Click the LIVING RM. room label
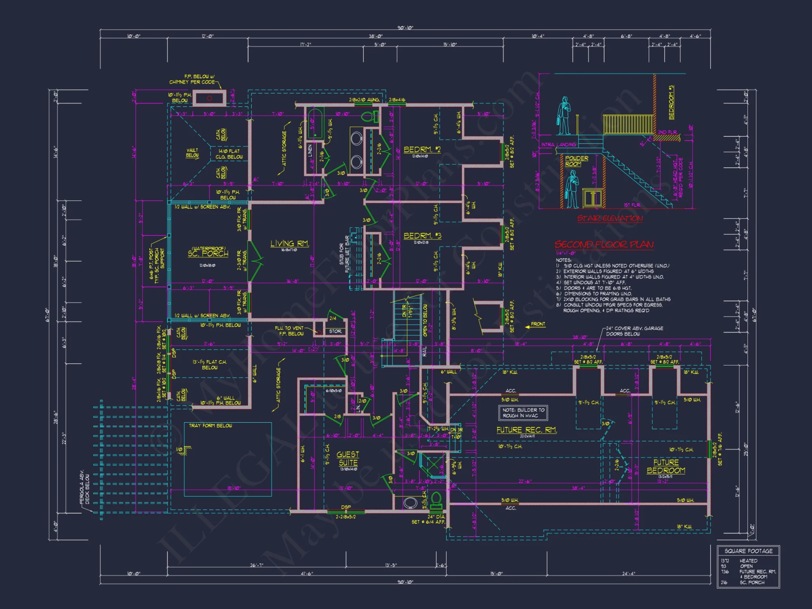pos(289,244)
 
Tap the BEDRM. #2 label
pos(422,150)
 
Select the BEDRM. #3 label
pos(422,236)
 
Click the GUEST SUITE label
pos(348,459)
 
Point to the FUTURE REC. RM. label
pos(527,430)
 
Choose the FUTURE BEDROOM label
pos(666,466)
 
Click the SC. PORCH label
pos(208,253)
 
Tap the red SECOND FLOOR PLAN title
pos(604,244)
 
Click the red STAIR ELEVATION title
pos(610,218)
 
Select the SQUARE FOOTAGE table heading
pos(748,551)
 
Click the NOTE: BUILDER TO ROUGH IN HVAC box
pos(523,412)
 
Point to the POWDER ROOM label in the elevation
pos(576,161)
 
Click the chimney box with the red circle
pos(209,98)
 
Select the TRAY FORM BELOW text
pos(210,425)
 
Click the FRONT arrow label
pos(535,324)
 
